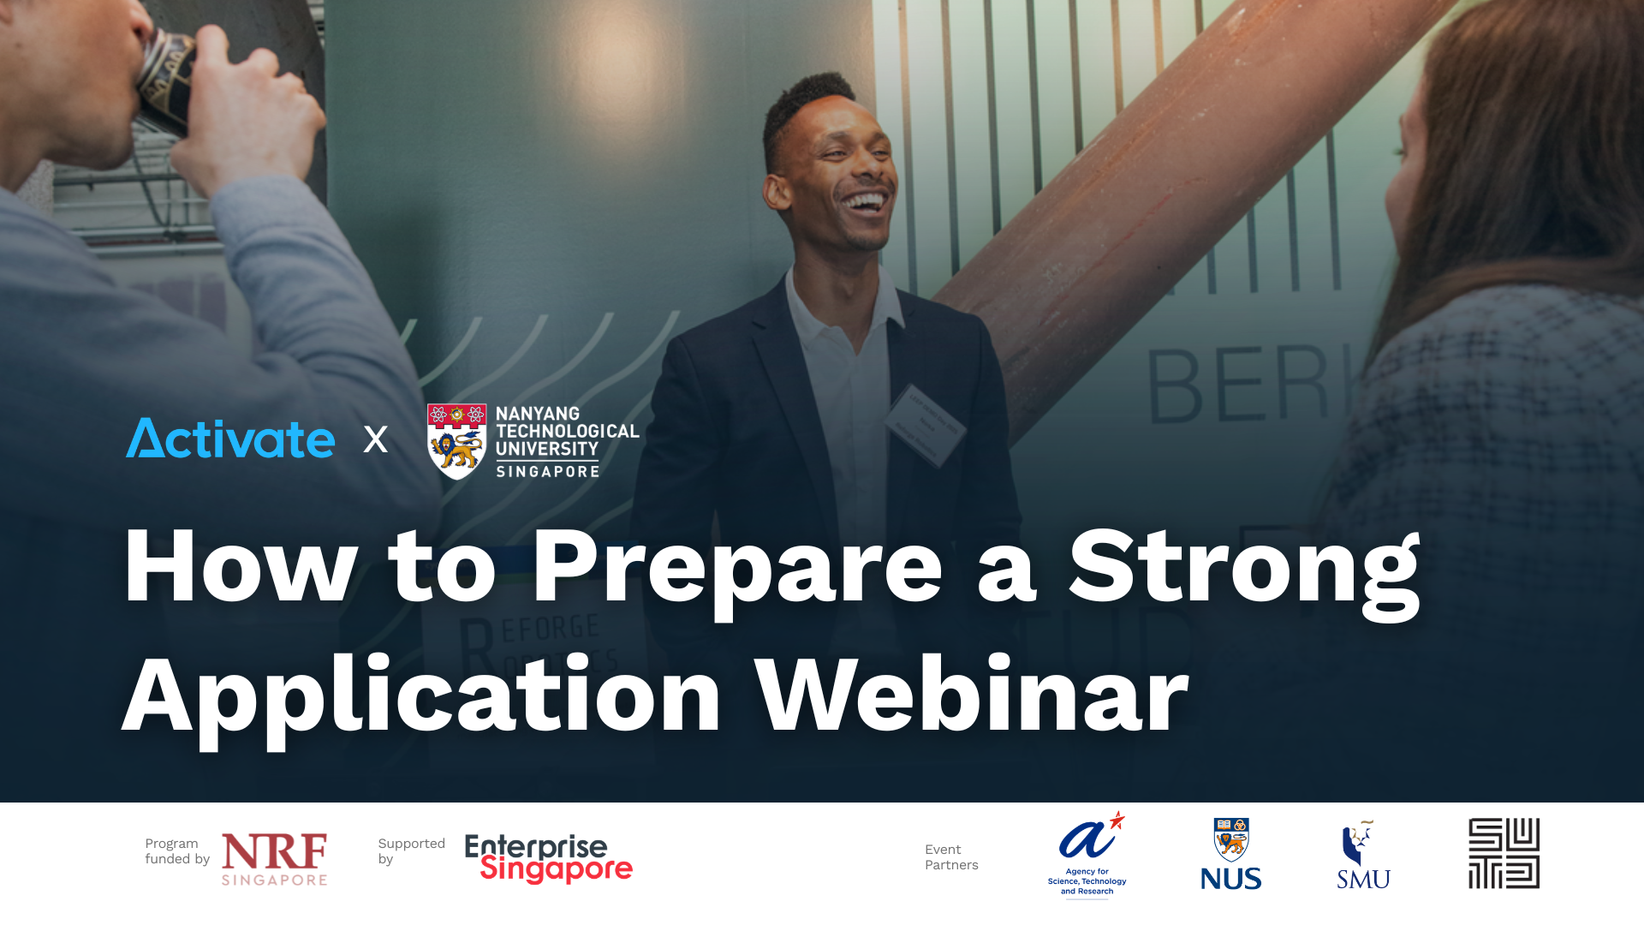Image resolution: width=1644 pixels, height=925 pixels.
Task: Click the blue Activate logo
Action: click(x=230, y=439)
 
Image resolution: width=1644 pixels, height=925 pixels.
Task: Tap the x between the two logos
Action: click(x=375, y=439)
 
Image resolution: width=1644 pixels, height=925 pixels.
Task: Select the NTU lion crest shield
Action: click(x=456, y=441)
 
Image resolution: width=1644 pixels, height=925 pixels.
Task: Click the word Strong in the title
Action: click(x=1244, y=570)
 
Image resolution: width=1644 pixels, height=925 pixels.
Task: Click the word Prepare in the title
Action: click(x=737, y=570)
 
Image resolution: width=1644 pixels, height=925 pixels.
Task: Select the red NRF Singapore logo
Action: click(x=274, y=859)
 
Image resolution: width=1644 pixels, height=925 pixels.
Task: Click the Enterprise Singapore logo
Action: click(x=548, y=858)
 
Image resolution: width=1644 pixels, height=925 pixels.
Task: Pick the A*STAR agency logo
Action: click(x=1087, y=854)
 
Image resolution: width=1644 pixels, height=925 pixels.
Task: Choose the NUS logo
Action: click(x=1230, y=854)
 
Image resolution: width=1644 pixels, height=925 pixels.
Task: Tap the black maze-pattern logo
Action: click(x=1504, y=853)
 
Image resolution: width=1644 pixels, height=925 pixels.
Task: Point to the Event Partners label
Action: click(x=951, y=857)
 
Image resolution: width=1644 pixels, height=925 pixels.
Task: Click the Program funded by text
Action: click(x=177, y=851)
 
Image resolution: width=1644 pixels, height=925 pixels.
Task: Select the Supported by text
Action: click(x=411, y=851)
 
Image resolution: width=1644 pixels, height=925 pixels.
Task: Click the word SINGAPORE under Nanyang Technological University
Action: click(x=548, y=472)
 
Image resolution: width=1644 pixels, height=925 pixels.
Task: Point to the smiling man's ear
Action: click(x=777, y=190)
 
